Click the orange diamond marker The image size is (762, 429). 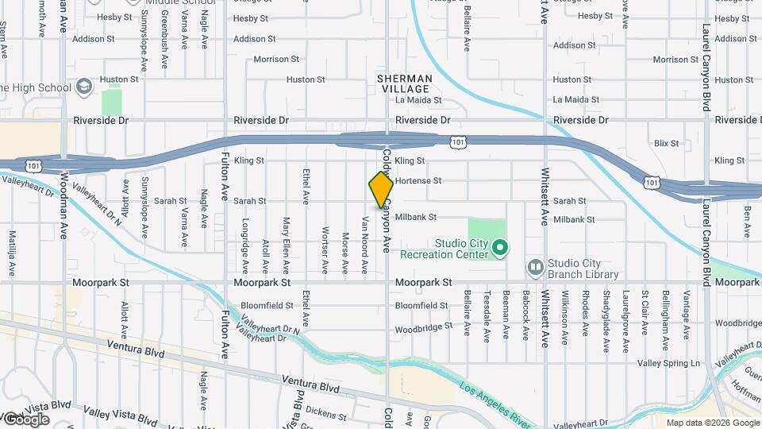[381, 190]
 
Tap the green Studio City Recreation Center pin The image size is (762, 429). [499, 249]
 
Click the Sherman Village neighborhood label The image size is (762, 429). [404, 84]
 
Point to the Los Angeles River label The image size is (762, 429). [495, 402]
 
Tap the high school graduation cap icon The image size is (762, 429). [85, 87]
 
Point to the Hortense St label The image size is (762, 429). [418, 181]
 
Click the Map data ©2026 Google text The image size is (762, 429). [712, 423]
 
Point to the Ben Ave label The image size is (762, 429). [747, 222]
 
